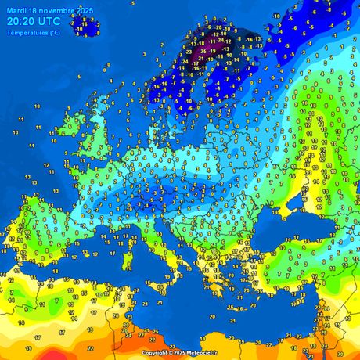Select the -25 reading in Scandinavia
tap(203, 51)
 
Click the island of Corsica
tap(157, 235)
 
